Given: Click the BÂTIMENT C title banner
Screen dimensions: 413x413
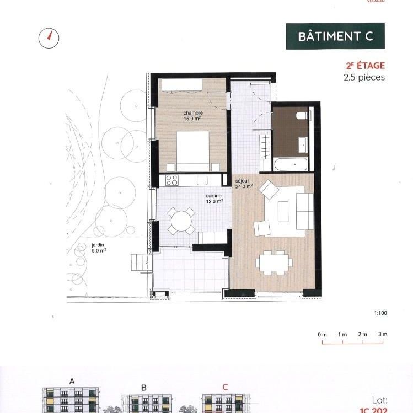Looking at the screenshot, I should (x=335, y=36).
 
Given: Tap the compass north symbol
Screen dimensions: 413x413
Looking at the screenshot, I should (x=49, y=37).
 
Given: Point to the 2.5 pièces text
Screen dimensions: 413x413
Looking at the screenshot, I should (x=363, y=77).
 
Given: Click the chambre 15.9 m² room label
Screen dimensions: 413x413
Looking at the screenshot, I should (x=192, y=115).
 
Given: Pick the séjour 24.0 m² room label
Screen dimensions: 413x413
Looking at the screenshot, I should (x=243, y=184).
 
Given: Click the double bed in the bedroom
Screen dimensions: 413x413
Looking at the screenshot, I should (x=192, y=150).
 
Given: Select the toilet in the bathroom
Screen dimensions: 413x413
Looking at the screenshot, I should (x=302, y=116).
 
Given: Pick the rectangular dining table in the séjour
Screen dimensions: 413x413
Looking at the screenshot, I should (x=274, y=262).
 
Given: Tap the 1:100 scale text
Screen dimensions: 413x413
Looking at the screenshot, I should (x=380, y=313).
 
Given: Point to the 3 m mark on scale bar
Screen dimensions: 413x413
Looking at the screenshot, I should (x=383, y=335).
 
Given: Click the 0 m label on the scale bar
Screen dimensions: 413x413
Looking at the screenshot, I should (x=322, y=335).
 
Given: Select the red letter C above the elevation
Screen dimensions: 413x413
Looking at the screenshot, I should (x=224, y=387).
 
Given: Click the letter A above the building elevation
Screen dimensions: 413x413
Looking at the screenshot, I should (x=72, y=380).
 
